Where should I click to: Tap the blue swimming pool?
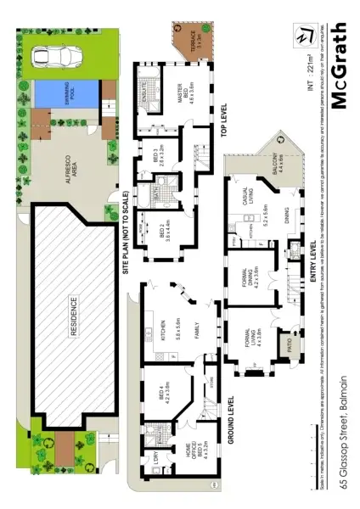coord(66,92)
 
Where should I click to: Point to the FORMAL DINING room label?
coord(256,275)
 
